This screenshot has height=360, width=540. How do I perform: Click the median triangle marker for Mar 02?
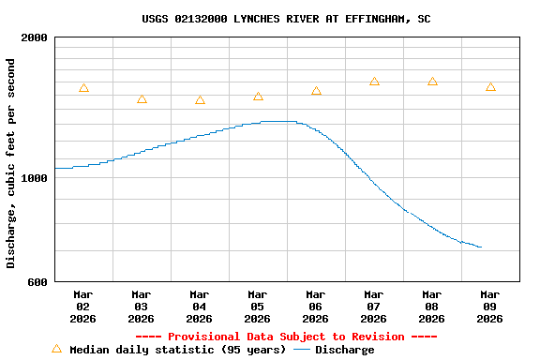pos(83,88)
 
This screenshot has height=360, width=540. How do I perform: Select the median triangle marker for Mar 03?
pos(142,99)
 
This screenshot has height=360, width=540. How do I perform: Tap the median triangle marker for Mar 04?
pos(200,100)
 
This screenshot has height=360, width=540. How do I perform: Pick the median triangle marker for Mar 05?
pos(258,97)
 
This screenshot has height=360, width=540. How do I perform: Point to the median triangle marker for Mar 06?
pos(316,91)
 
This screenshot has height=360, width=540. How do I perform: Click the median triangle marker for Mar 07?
pos(374,82)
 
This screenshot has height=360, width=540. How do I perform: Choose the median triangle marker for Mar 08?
pos(432,82)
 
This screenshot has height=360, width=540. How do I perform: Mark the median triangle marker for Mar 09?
pos(490,87)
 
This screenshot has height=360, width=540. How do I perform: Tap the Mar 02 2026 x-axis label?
pos(83,307)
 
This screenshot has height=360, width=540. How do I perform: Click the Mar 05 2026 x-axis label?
pos(258,307)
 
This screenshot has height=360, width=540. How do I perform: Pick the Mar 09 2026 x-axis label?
pos(490,307)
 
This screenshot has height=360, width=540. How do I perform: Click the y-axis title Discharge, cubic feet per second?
pos(11,163)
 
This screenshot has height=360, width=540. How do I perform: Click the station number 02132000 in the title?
pos(204,19)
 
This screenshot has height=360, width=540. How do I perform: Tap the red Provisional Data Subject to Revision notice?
pos(286,337)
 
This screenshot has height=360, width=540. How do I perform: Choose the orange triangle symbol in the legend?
pos(56,349)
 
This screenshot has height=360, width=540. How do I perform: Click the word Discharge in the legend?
pos(344,350)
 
